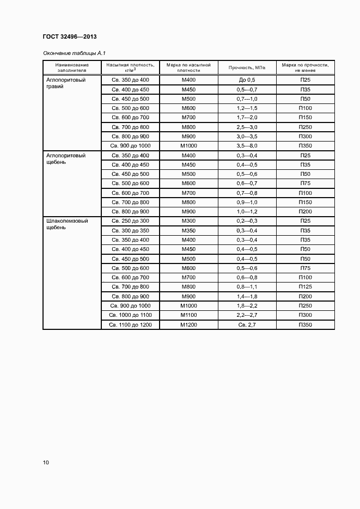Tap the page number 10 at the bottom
click(46, 462)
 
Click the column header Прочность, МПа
click(247, 68)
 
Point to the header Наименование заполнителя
click(72, 68)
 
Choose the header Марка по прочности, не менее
click(305, 68)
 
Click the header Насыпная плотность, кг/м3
click(130, 68)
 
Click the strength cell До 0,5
click(247, 79)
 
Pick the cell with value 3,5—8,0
click(247, 146)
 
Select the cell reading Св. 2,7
click(247, 325)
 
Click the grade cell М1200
click(188, 325)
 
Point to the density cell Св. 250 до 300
click(130, 221)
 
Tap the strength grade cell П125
click(305, 287)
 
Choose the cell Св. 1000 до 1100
click(130, 315)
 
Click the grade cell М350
click(188, 230)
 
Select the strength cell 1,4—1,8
click(247, 296)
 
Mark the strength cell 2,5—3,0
click(247, 127)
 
